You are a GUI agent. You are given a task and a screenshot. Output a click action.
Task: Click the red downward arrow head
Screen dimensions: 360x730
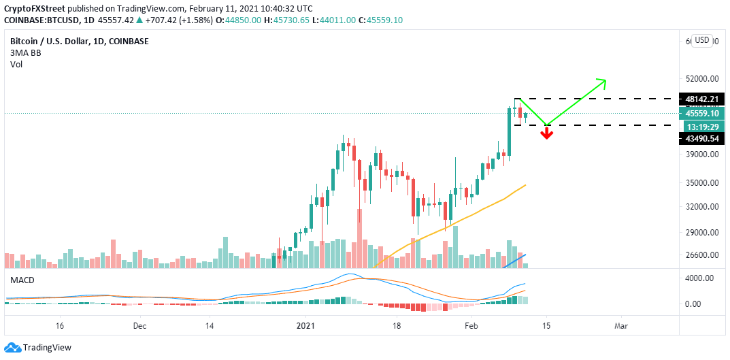coord(546,134)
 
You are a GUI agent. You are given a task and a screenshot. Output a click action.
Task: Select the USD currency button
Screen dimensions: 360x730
coord(702,40)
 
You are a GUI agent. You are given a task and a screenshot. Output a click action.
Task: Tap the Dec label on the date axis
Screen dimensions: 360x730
coord(139,326)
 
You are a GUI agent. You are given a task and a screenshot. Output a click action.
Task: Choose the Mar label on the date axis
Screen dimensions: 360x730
coord(620,326)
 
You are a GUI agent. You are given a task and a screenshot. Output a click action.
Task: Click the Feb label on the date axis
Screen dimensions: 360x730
coord(472,326)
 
